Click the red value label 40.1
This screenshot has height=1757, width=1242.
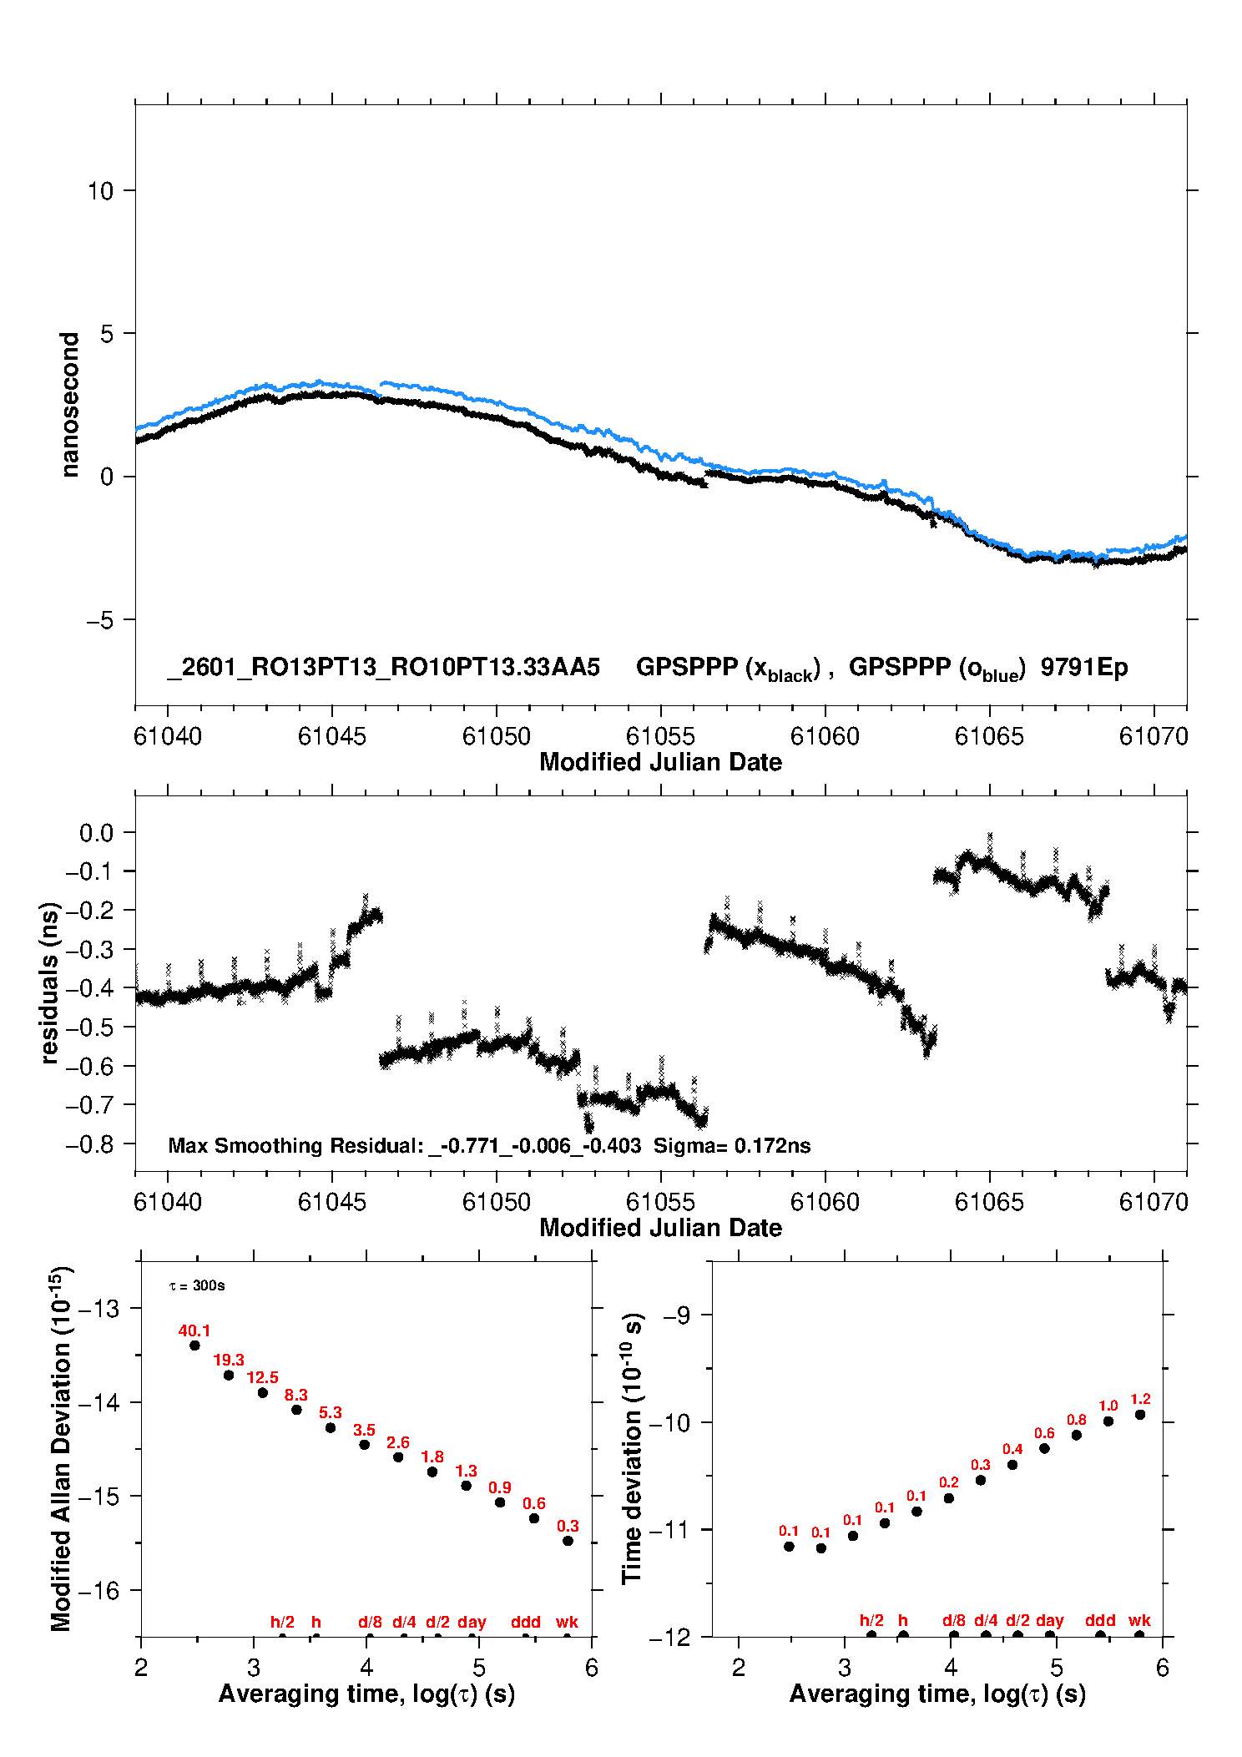(x=194, y=1330)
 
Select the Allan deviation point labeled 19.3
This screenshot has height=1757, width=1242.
(x=229, y=1375)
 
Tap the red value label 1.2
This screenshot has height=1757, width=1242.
(x=1140, y=1399)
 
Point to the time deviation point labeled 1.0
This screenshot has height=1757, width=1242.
(x=1108, y=1421)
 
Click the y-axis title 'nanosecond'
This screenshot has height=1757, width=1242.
(x=70, y=405)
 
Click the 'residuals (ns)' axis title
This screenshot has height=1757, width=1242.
(x=50, y=982)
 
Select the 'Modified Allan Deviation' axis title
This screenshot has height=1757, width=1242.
(x=60, y=1448)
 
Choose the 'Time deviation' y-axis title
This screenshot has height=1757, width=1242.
(x=632, y=1448)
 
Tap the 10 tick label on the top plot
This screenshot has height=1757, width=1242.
(x=100, y=191)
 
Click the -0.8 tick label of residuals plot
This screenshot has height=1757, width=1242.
(x=90, y=1144)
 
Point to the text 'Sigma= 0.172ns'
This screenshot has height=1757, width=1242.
(x=731, y=1145)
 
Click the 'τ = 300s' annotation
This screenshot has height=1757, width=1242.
(x=197, y=1285)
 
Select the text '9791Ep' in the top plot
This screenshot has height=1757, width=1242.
(x=1083, y=667)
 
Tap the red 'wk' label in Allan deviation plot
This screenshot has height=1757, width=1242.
(x=567, y=1622)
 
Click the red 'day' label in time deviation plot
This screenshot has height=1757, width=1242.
(x=1049, y=1620)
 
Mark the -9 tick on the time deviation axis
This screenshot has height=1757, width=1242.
(x=677, y=1315)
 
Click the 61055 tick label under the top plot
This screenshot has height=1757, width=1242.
(x=660, y=736)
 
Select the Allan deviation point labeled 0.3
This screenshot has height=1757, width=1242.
(x=568, y=1541)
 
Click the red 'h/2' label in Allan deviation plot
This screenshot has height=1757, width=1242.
(x=282, y=1622)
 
